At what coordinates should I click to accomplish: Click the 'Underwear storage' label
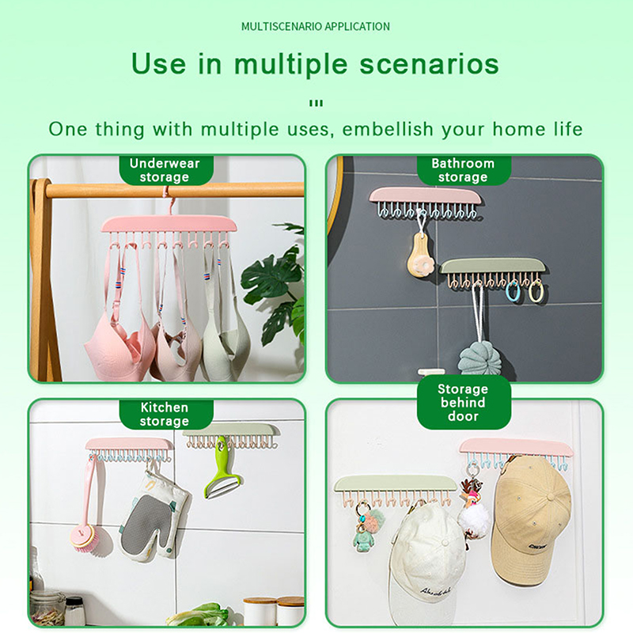(x=165, y=170)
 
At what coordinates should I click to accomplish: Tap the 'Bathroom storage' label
(x=463, y=170)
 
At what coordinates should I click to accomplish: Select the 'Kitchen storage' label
(x=165, y=414)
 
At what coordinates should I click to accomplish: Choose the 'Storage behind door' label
(x=463, y=403)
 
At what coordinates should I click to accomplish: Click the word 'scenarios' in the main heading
(x=429, y=65)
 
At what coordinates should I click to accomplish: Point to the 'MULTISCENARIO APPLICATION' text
(x=316, y=27)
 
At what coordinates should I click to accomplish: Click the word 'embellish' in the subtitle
(x=388, y=129)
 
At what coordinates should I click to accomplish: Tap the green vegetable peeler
(x=222, y=468)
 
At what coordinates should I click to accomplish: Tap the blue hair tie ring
(x=513, y=291)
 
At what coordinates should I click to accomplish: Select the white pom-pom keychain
(x=472, y=519)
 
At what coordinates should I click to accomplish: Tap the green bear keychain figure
(x=362, y=539)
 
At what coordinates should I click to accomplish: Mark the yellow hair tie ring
(x=536, y=292)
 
